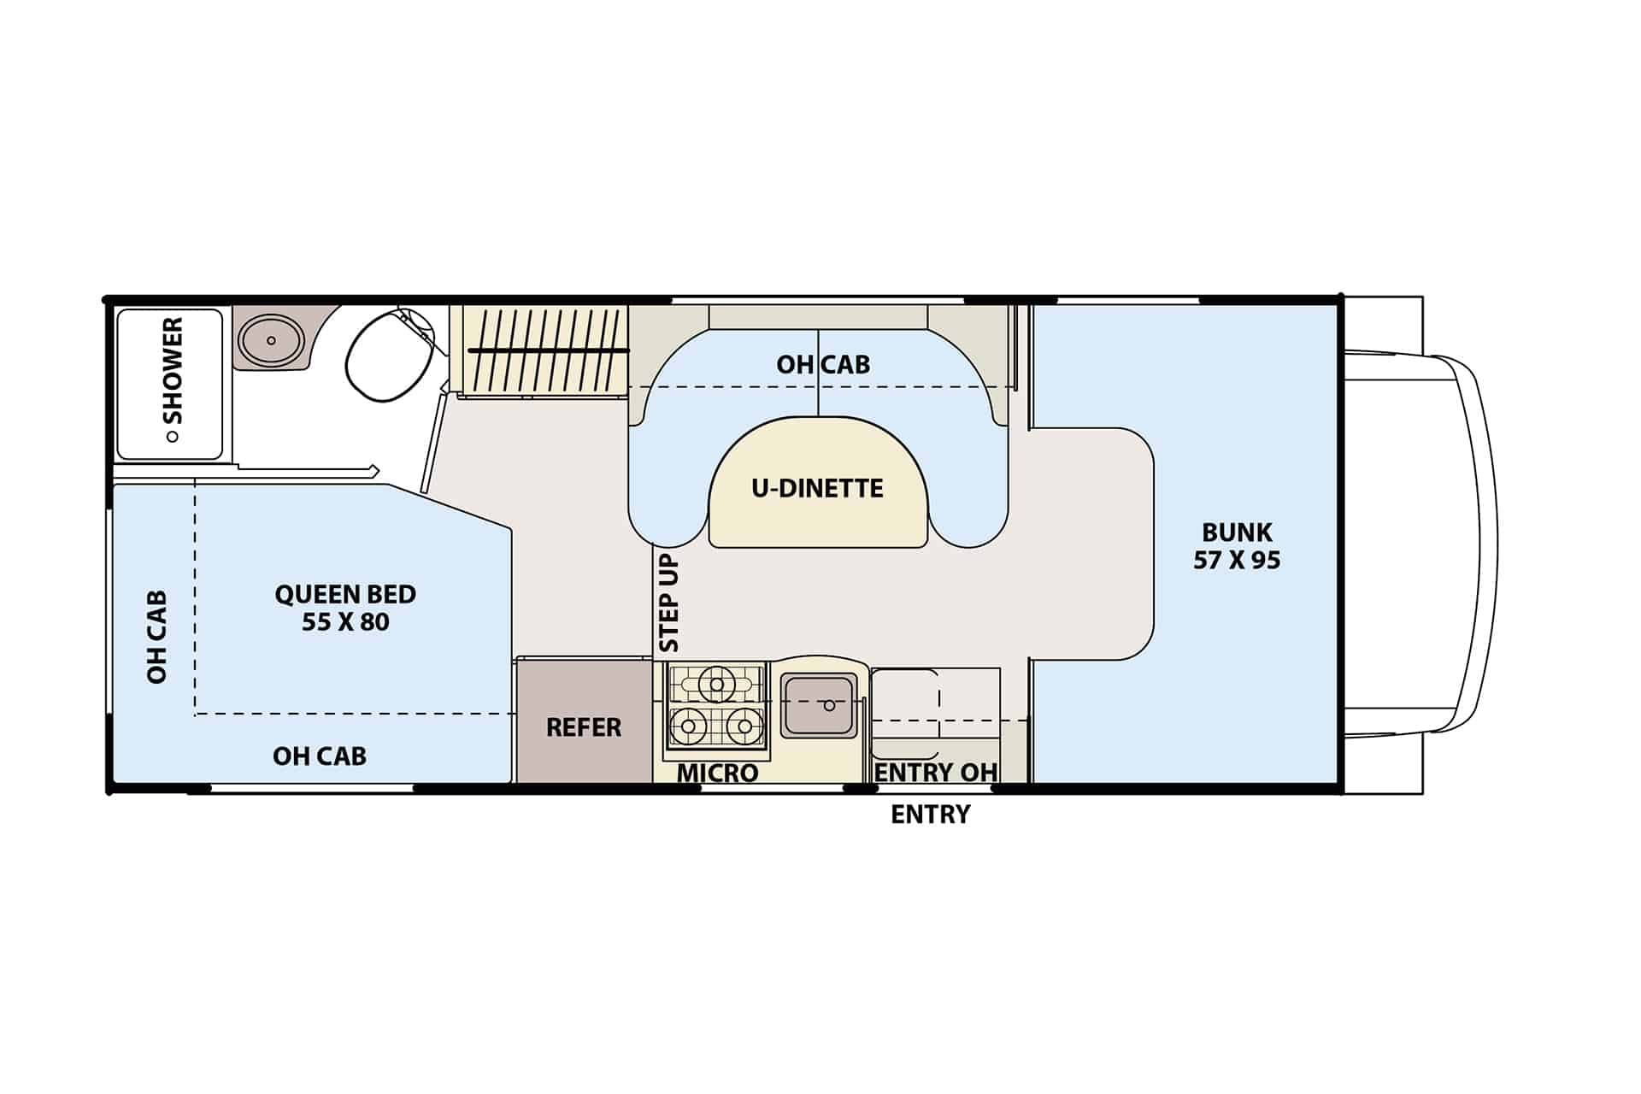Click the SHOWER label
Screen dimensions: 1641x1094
(173, 370)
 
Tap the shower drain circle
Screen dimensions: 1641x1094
(173, 436)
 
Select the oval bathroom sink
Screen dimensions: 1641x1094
(271, 340)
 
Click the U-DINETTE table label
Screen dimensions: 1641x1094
(817, 488)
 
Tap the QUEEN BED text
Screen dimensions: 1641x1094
(345, 594)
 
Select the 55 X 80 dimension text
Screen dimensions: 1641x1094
(345, 622)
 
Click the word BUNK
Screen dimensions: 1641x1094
(1237, 532)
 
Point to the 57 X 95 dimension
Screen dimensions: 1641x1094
(1237, 561)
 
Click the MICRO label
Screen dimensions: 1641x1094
(718, 773)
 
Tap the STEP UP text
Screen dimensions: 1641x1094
(669, 603)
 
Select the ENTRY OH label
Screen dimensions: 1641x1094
(936, 773)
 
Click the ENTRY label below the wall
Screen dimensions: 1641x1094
(931, 815)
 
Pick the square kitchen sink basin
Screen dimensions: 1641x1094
(819, 705)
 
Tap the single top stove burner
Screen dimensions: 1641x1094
(716, 684)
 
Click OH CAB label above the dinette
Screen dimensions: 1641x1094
(823, 364)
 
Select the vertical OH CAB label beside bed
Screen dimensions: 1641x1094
(156, 637)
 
